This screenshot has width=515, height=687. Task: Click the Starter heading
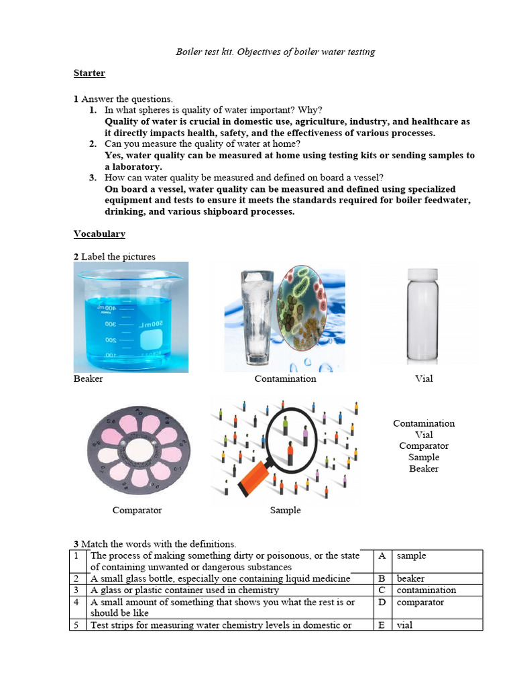click(89, 73)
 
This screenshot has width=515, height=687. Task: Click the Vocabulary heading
click(99, 234)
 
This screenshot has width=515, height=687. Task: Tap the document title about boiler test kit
click(275, 52)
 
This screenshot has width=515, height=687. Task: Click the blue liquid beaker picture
click(131, 317)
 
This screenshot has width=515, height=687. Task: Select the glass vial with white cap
click(423, 317)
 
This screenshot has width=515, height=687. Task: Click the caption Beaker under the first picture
click(88, 379)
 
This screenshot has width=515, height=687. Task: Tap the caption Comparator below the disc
click(137, 511)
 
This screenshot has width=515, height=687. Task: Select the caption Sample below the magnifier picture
click(285, 511)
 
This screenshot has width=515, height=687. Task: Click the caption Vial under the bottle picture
click(424, 379)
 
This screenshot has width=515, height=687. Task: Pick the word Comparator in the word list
click(424, 446)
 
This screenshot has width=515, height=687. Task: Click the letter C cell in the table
click(382, 590)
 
